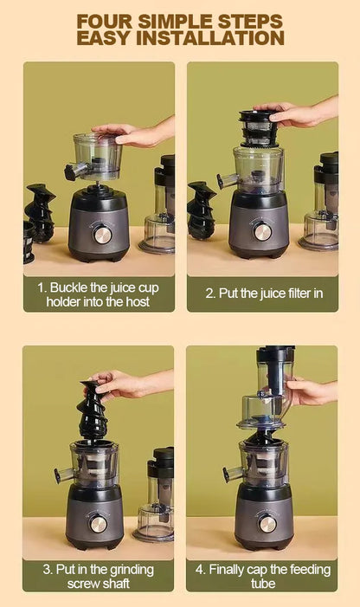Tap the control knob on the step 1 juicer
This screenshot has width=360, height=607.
[x=102, y=235]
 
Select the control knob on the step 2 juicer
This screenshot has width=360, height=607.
[x=262, y=231]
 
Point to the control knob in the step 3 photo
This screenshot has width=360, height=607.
[x=98, y=524]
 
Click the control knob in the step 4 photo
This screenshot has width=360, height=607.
[x=267, y=524]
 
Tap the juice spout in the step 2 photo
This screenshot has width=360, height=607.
[x=227, y=180]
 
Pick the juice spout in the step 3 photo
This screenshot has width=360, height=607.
[x=64, y=475]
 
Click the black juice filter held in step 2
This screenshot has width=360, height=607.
[x=259, y=129]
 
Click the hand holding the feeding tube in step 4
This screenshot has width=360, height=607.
[x=309, y=391]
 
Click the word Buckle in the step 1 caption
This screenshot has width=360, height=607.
[x=69, y=288]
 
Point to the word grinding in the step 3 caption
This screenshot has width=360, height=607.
[x=132, y=571]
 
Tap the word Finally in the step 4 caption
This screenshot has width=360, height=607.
[x=226, y=570]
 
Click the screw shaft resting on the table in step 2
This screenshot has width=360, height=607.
[x=201, y=210]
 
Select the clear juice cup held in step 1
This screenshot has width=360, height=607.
[x=98, y=156]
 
